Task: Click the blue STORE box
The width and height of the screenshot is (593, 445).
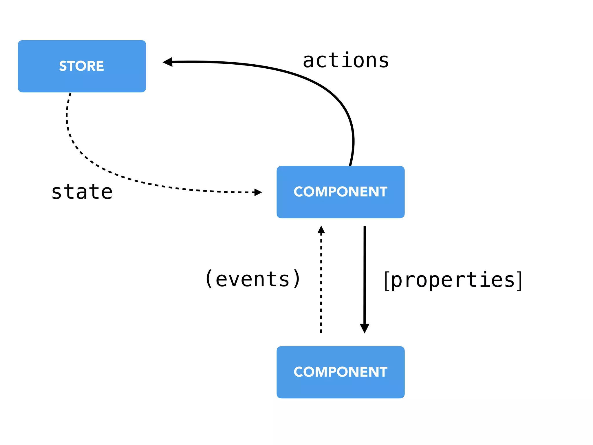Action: pyautogui.click(x=82, y=66)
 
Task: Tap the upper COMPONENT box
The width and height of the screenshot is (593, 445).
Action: pyautogui.click(x=340, y=192)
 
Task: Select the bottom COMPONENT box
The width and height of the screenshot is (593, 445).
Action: pyautogui.click(x=340, y=372)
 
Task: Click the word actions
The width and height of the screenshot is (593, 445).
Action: pyautogui.click(x=346, y=61)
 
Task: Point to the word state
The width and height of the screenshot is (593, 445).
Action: pyautogui.click(x=82, y=192)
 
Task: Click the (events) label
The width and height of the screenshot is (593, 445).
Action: pyautogui.click(x=253, y=279)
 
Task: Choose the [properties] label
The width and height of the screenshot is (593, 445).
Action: pyautogui.click(x=453, y=280)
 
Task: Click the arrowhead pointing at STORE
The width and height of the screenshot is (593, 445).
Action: pyautogui.click(x=168, y=62)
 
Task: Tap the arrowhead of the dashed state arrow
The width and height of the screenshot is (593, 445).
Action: pyautogui.click(x=257, y=192)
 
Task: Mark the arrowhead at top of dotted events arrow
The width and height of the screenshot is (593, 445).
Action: pyautogui.click(x=321, y=230)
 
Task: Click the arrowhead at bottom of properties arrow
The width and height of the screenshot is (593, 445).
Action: pyautogui.click(x=364, y=328)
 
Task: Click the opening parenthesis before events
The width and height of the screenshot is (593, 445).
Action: pyautogui.click(x=209, y=279)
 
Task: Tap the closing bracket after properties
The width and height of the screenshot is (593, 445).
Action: pyautogui.click(x=519, y=280)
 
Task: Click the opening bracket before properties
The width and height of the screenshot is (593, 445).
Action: pyautogui.click(x=387, y=280)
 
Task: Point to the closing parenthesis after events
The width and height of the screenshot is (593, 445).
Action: pyautogui.click(x=297, y=279)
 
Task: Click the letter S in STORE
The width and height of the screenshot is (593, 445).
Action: pyautogui.click(x=63, y=66)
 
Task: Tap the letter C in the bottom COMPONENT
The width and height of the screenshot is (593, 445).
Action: pyautogui.click(x=299, y=372)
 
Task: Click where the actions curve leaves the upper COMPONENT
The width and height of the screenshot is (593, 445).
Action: pyautogui.click(x=350, y=164)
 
